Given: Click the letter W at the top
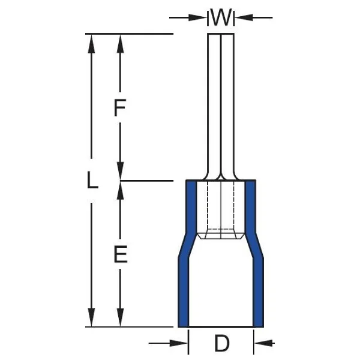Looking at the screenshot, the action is pos(221,17).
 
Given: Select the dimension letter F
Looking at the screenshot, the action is pos(119,107).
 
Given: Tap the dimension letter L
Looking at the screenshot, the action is pos(92,181).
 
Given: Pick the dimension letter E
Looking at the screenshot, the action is pos(121,254).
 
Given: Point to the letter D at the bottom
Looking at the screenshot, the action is pos(222,343).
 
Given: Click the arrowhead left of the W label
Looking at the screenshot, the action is pos(197,17).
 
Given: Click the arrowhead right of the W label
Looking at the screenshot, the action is pos(244,17).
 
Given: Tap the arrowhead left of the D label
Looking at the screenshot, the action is pos(179,343).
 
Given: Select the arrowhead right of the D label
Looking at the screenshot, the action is pos(264,343).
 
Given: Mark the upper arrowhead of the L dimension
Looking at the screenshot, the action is pos(92,44).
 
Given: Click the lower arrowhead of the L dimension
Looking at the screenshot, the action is pos(92,317).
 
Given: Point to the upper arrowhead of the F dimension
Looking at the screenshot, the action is pos(120,44).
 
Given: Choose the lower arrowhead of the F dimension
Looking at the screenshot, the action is pos(120,171).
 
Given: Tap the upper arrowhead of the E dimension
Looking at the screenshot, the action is pos(120,191).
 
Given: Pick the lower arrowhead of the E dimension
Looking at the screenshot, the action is pos(120,317).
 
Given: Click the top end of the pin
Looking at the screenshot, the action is pos(221,34).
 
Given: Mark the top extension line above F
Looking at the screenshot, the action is pos(129,34).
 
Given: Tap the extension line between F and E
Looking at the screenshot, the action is pos(147,181).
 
